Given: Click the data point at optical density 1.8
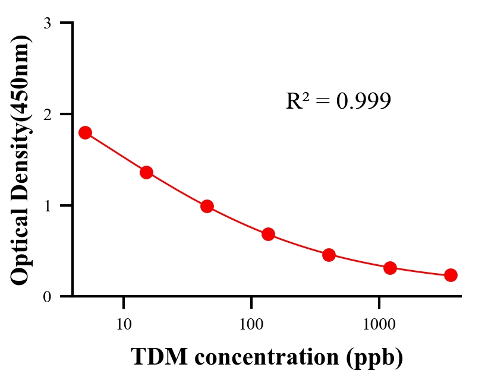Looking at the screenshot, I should pos(85,132).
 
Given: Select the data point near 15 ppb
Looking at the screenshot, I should pos(146,173).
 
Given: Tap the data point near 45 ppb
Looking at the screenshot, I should pos(207,206).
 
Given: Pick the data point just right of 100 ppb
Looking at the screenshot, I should pos(268,234).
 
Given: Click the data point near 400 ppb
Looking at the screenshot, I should pos(329,255).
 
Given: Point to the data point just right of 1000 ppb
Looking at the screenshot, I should pos(390,268).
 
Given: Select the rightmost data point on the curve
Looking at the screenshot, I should pos(451,275).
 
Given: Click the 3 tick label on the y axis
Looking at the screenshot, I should pos(47,23).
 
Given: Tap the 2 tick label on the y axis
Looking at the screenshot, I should pos(47,114).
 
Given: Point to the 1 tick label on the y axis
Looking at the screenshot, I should pos(47,205).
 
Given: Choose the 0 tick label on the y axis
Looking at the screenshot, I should pos(47,296).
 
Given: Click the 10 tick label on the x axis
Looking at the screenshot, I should pos(124,324).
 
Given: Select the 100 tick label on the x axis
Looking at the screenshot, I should pos(251,324).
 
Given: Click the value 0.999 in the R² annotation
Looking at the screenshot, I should pos(363,102).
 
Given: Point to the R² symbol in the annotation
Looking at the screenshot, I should pos(297,101).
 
